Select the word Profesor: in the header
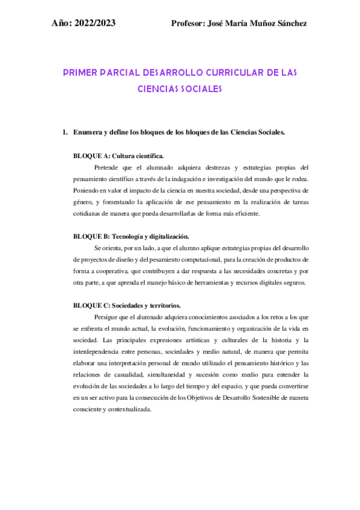[188, 23]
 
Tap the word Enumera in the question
[88, 132]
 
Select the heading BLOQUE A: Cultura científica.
[118, 155]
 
